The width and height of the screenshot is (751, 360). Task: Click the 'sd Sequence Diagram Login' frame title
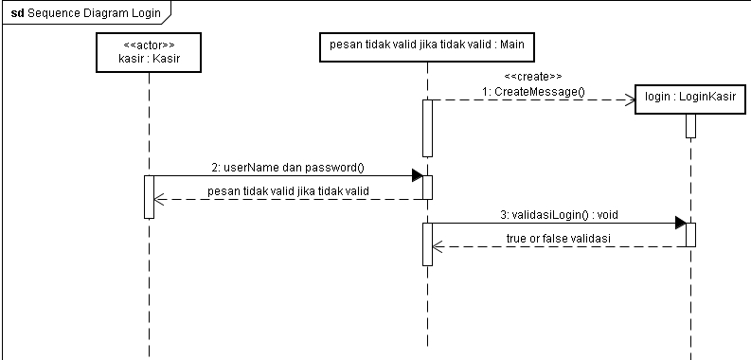[x=85, y=13]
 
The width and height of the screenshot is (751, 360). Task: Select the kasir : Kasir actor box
[x=149, y=53]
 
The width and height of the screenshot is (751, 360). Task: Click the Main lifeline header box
[x=428, y=45]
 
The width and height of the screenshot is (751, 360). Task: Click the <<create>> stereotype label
[x=533, y=76]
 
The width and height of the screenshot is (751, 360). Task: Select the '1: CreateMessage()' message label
[x=533, y=92]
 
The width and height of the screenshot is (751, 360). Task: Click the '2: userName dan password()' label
[x=288, y=168]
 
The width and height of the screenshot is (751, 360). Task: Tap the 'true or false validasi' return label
[x=560, y=238]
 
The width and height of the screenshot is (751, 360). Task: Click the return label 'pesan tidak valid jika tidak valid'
[x=288, y=191]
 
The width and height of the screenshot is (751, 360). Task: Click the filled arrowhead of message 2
[x=417, y=176]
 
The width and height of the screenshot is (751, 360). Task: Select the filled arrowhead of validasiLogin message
[x=680, y=223]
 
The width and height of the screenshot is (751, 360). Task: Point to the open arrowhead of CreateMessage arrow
[x=630, y=99]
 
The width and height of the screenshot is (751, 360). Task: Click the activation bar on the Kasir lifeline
[x=149, y=196]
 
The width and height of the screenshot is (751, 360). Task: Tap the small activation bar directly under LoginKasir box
[x=690, y=126]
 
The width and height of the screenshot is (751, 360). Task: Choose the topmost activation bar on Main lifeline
[x=427, y=128]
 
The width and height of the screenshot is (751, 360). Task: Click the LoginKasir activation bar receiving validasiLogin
[x=690, y=234]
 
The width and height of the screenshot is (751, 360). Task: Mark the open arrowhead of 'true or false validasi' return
[x=438, y=246]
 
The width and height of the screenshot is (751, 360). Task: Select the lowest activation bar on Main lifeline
[x=427, y=244]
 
